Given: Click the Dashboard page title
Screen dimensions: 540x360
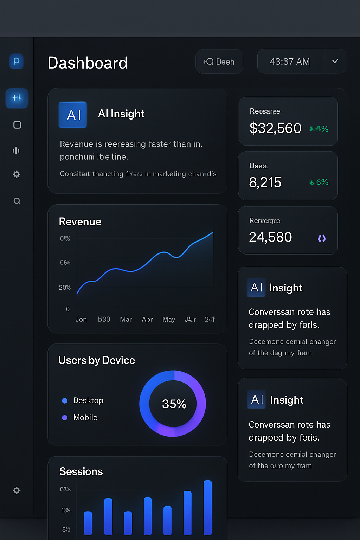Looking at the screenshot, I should (88, 63).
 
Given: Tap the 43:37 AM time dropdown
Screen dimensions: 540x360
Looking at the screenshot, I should (301, 62).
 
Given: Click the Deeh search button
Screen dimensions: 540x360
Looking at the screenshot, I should (219, 62).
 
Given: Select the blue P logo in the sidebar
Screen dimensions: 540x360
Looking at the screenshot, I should (17, 61).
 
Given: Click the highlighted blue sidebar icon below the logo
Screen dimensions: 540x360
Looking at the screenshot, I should (17, 98).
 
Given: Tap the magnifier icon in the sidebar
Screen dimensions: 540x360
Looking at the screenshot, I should (17, 201).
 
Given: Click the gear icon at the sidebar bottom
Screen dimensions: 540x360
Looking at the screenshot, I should (17, 490).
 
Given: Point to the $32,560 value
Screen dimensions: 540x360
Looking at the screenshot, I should (275, 128).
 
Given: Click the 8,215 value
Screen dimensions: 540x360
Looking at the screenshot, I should (265, 182).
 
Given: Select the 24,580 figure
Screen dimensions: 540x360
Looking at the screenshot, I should (270, 237).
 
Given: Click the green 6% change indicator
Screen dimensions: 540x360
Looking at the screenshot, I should (319, 182).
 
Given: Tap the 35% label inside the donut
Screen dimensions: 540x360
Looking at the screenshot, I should (174, 404).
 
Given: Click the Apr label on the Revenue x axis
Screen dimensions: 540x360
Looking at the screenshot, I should (147, 319).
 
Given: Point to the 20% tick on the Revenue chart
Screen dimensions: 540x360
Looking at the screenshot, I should (65, 288).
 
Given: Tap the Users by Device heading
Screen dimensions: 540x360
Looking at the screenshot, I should (97, 360).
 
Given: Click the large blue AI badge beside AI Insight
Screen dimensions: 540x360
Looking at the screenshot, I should (73, 115).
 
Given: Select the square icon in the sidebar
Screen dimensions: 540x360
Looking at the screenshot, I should (17, 125).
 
